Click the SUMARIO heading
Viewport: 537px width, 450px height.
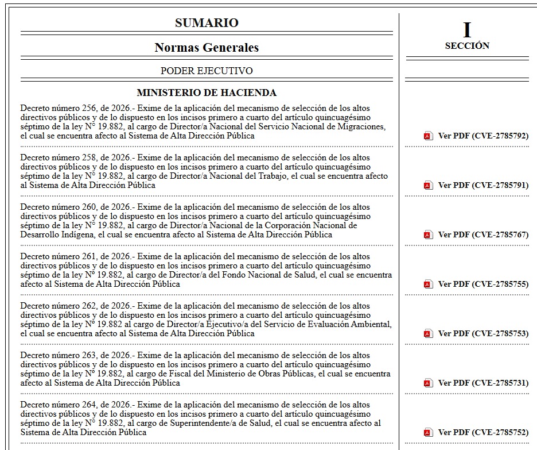[207, 23]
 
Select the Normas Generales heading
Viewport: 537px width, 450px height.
[207, 48]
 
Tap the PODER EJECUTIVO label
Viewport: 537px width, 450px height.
[207, 71]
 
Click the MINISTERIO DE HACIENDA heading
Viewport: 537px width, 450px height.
[207, 93]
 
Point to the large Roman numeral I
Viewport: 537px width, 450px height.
[467, 30]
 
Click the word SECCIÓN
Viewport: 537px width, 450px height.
[467, 46]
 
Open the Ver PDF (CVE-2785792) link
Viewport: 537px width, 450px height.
[483, 136]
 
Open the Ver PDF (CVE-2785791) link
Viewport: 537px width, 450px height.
[483, 186]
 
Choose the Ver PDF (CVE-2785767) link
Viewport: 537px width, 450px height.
[483, 235]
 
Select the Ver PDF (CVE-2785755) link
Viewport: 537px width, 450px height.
[483, 284]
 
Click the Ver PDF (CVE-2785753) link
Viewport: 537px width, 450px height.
[483, 334]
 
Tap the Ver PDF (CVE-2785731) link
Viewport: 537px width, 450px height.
[483, 383]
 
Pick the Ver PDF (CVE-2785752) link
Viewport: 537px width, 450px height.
[483, 433]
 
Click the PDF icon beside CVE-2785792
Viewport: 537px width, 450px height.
[428, 136]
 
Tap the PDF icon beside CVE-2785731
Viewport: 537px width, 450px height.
[428, 383]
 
